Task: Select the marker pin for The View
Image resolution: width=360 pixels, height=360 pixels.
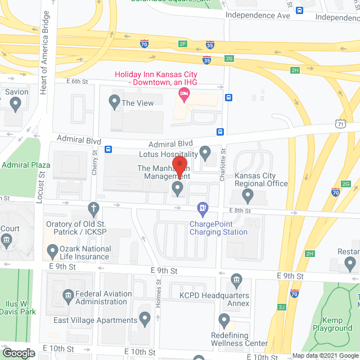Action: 115,103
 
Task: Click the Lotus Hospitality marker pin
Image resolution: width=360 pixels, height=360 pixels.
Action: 205,152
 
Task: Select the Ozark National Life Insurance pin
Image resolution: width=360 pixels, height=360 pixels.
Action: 52,250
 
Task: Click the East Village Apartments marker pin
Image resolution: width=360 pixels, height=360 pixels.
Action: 145,320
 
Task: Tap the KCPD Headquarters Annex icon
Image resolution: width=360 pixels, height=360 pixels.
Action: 237,280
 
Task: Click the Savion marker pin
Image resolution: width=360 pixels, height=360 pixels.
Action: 15,104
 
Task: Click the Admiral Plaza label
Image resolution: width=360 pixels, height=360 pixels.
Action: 26,165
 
